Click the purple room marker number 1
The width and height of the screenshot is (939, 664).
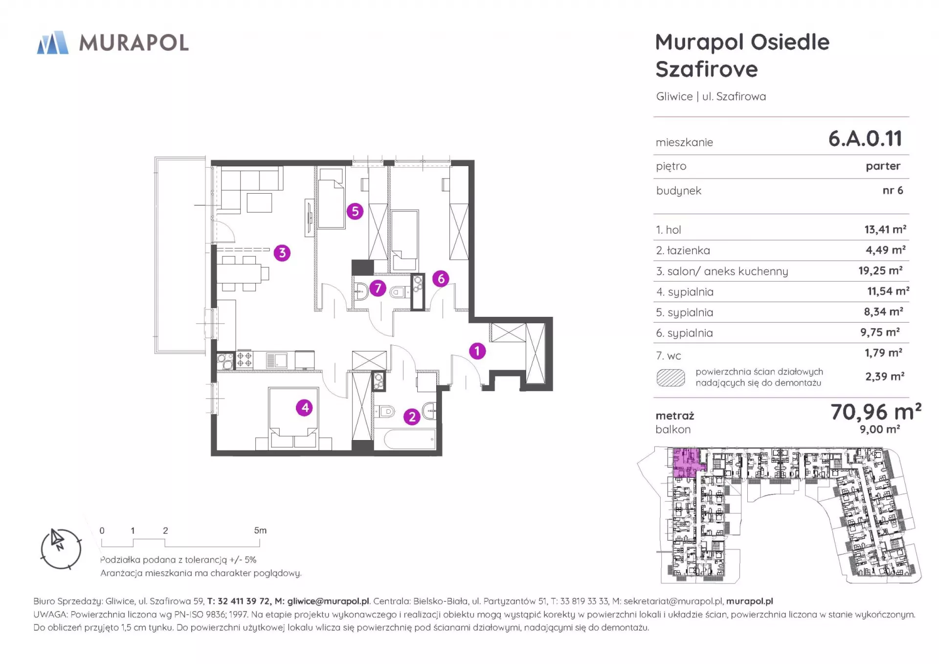click(477, 351)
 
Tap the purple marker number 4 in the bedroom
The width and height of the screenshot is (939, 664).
click(305, 407)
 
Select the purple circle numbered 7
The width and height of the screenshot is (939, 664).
click(378, 288)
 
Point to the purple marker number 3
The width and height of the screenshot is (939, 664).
click(282, 253)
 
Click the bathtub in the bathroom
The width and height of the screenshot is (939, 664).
click(410, 439)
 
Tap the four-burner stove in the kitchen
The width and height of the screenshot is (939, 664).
click(245, 360)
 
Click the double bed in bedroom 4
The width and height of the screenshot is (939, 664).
click(293, 419)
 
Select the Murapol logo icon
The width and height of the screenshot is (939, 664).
click(53, 43)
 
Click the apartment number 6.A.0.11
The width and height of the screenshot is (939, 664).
click(865, 138)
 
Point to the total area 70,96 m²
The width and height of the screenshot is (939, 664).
click(876, 412)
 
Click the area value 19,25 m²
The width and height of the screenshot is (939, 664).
click(880, 270)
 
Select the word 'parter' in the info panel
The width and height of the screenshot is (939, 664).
click(883, 166)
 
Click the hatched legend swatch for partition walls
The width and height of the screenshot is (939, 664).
click(671, 377)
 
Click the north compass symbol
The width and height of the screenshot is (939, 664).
click(61, 549)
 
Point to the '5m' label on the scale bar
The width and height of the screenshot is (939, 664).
click(260, 531)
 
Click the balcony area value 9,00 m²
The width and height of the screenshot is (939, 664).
click(880, 429)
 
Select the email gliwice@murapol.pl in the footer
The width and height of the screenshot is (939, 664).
click(328, 601)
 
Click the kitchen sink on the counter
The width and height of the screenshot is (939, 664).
click(276, 360)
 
